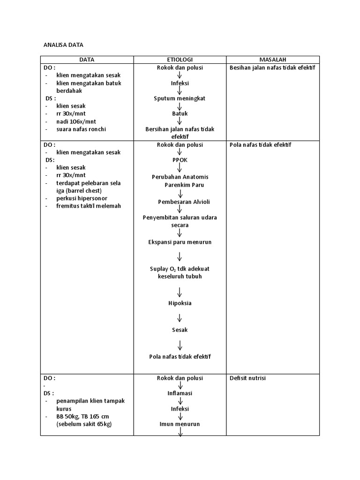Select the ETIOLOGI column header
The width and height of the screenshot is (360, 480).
click(x=180, y=60)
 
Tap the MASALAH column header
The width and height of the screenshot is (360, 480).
click(x=273, y=60)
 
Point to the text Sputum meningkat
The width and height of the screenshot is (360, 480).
click(x=180, y=98)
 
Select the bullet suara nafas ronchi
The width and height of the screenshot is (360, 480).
click(x=81, y=129)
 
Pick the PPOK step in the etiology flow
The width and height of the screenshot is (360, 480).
click(x=180, y=160)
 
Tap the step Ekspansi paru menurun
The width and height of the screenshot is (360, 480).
click(x=180, y=242)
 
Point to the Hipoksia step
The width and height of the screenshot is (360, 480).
click(x=180, y=303)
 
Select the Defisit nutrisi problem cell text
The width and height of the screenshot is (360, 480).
click(x=247, y=378)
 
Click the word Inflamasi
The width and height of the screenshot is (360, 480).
click(x=180, y=393)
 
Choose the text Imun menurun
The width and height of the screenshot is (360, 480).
click(x=180, y=424)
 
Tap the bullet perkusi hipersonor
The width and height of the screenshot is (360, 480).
click(x=82, y=198)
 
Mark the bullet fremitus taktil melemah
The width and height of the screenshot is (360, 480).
click(x=89, y=206)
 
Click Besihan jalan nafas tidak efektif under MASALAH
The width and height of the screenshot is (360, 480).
click(x=272, y=67)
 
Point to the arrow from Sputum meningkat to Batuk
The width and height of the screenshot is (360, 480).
click(x=180, y=106)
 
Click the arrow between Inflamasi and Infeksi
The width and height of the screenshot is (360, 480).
click(x=180, y=401)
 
